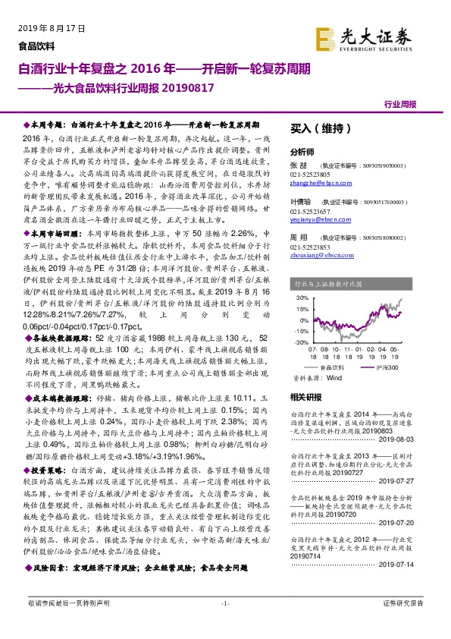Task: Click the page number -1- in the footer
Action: point(225,624)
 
